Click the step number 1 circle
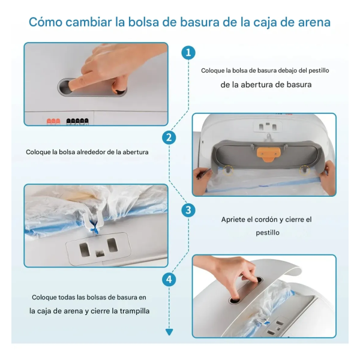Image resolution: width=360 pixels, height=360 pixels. tap(188, 53)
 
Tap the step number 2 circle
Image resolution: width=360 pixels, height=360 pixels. tap(169, 138)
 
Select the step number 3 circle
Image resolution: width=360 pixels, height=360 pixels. tap(188, 210)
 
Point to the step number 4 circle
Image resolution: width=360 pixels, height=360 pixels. tap(169, 280)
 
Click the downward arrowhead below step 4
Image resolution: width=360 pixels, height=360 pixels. tap(169, 332)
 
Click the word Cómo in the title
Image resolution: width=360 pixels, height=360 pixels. tap(46, 22)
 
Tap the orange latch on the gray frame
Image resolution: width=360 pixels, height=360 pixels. tap(269, 154)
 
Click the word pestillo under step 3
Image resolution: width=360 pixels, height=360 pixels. tap(268, 233)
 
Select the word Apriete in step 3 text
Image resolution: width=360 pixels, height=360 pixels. tap(233, 220)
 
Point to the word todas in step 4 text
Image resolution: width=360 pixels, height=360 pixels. tap(67, 298)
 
